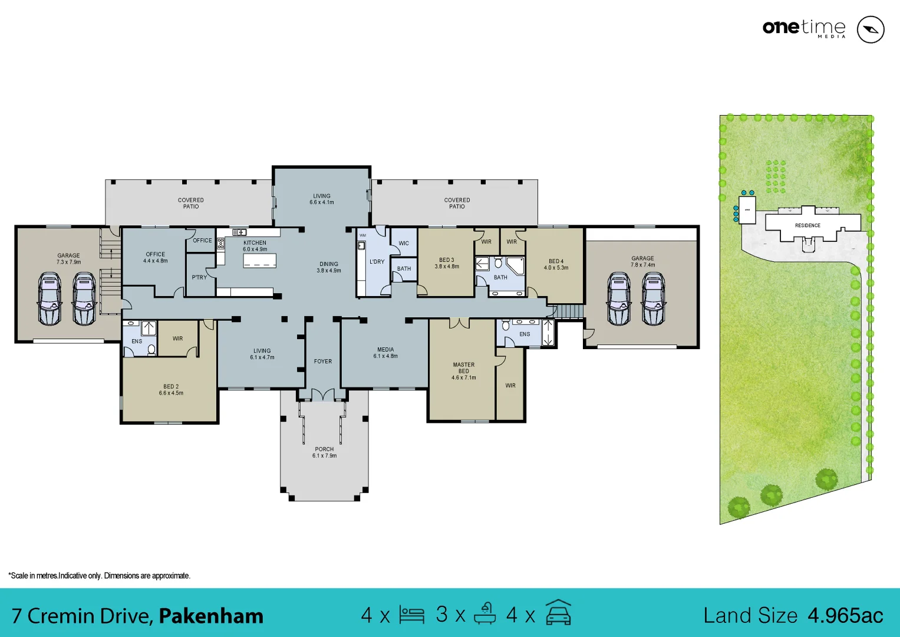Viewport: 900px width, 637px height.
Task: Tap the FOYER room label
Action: [323, 362]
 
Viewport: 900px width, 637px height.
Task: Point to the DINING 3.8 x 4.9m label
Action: [329, 267]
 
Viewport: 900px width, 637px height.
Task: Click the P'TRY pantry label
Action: [199, 277]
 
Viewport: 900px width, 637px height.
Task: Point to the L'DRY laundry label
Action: [377, 262]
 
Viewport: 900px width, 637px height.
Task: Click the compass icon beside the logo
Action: [870, 29]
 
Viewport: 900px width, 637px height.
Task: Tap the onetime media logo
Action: [804, 28]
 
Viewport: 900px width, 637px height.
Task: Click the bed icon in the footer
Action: [411, 615]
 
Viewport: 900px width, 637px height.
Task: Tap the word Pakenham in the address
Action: [211, 616]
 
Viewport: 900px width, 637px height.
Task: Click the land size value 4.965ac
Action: [845, 616]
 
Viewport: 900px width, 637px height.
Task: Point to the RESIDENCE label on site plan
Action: [807, 225]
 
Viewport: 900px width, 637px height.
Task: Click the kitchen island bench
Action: [260, 260]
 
